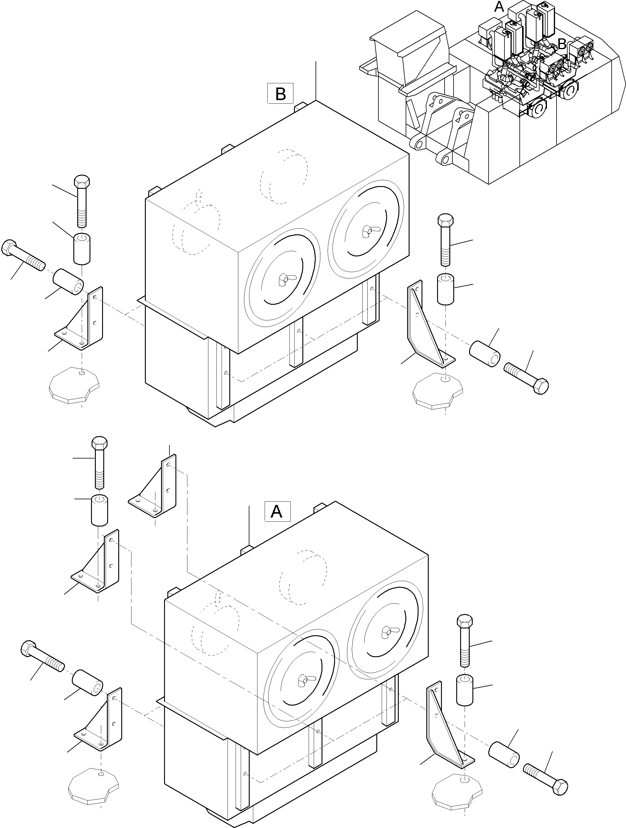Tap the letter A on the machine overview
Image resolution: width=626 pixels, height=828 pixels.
coord(498,6)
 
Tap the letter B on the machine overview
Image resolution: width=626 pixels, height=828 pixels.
coord(561,44)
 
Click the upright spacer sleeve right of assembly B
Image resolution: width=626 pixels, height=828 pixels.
coord(445,289)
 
